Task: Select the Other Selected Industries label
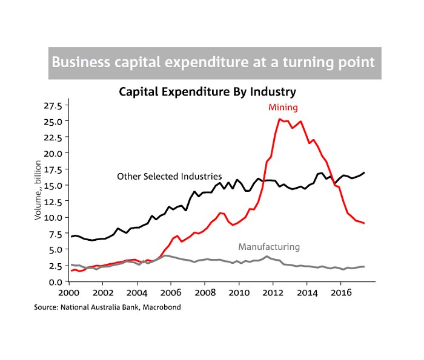tap(169, 176)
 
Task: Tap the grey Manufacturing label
tap(269, 247)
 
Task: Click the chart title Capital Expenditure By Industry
tap(207, 92)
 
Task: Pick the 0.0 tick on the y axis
tap(55, 281)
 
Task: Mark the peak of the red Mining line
tap(279, 119)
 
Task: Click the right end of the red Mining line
tap(363, 223)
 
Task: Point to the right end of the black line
tap(364, 173)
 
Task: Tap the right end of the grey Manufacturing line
tap(364, 267)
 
